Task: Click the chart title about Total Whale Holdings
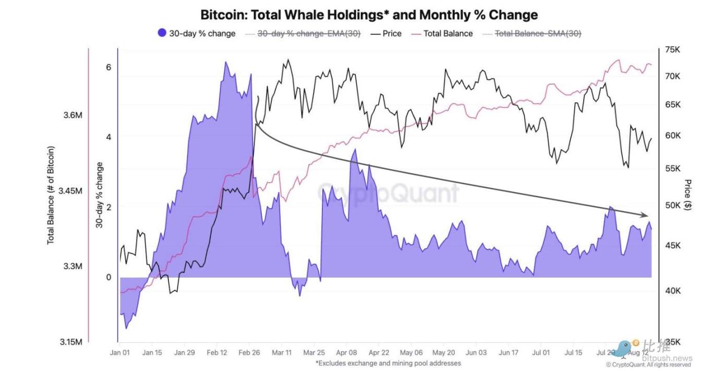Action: pos(369,15)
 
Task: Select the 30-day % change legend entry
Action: pos(196,33)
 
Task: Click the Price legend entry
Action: pos(386,33)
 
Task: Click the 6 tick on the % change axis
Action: pos(108,68)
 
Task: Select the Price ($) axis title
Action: pos(688,195)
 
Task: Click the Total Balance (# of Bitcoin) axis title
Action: pos(51,195)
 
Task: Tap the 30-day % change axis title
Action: pos(99,195)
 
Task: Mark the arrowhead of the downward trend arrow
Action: pos(645,216)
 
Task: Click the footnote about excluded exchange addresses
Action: pos(388,363)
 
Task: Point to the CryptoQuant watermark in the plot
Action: pos(388,194)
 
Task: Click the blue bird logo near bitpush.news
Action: pos(621,348)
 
